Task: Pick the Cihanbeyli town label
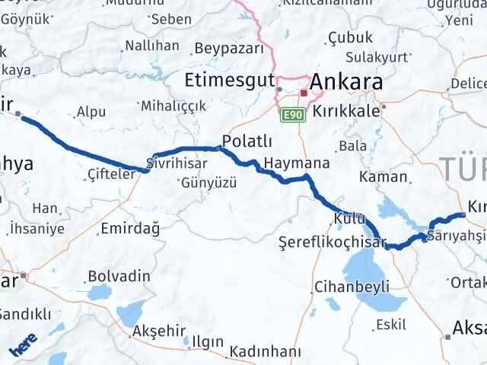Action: click(x=352, y=286)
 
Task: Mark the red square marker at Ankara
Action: click(x=304, y=94)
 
